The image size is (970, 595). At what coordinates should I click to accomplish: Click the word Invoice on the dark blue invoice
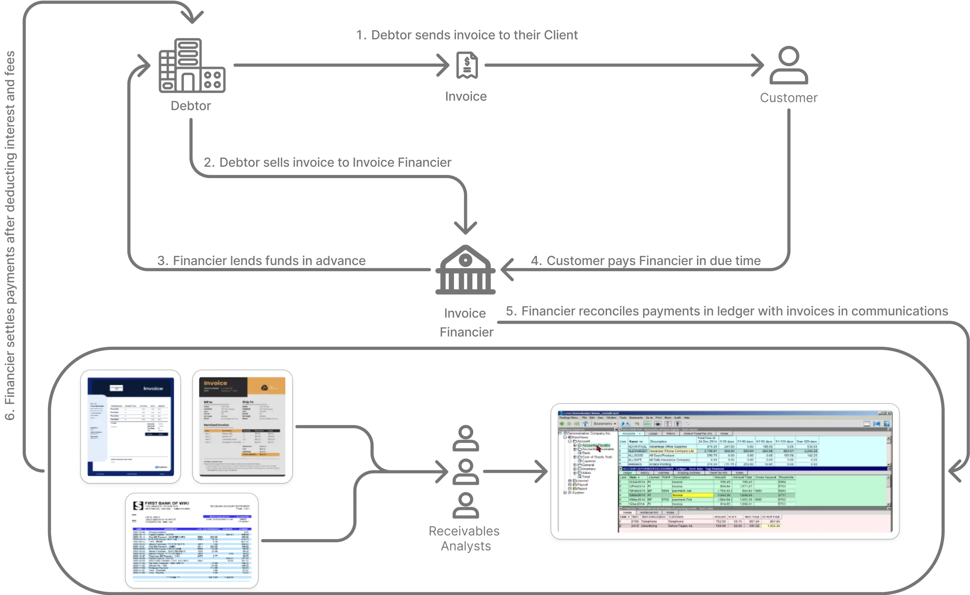point(153,389)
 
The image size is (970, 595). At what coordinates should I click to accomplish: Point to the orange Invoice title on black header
point(215,383)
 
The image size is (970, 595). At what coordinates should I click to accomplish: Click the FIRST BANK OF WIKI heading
point(166,503)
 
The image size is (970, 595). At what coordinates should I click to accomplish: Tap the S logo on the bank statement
point(138,506)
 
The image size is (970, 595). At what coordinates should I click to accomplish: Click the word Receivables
point(464,531)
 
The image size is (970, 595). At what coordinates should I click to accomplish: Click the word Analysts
point(466,546)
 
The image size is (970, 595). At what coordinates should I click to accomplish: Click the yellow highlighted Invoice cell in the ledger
point(692,495)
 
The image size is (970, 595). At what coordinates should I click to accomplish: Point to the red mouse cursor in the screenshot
point(598,448)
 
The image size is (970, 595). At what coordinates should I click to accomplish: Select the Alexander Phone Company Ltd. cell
point(671,451)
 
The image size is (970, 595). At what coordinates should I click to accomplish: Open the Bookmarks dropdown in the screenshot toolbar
point(605,424)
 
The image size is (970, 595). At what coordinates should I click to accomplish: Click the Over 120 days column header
point(807,442)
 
